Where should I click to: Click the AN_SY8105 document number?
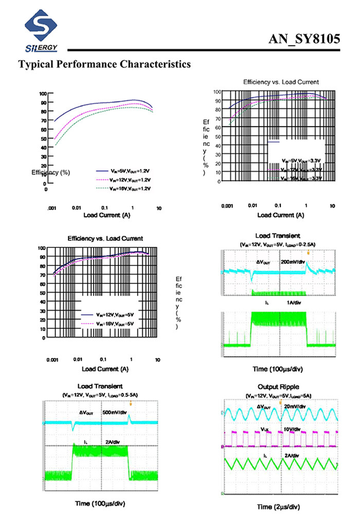(x=304, y=40)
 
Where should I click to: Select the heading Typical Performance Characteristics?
(x=104, y=65)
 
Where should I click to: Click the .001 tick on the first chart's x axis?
(x=51, y=208)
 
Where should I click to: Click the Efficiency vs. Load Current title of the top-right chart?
(x=281, y=82)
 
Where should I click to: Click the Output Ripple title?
(x=278, y=386)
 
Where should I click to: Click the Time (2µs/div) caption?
(x=278, y=506)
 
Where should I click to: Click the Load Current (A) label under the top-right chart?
(x=281, y=215)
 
